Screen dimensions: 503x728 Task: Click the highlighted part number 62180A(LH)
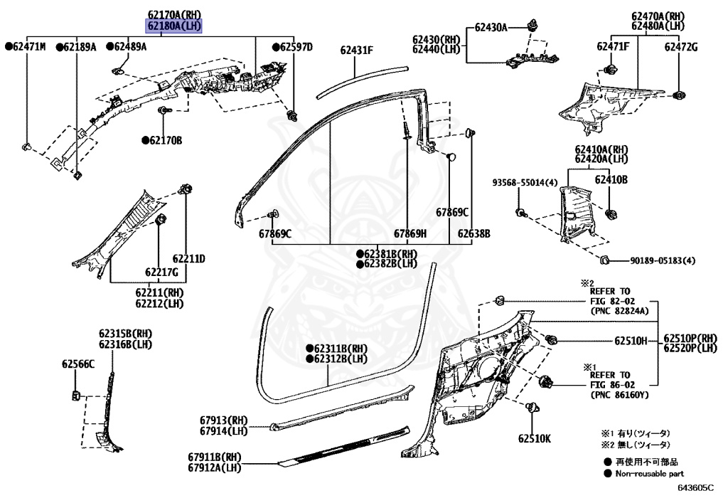pyautogui.click(x=174, y=26)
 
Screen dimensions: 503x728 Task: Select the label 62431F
pyautogui.click(x=356, y=49)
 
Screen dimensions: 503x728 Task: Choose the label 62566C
pyautogui.click(x=78, y=364)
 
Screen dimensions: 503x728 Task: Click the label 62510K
pyautogui.click(x=534, y=438)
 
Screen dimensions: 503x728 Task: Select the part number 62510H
pyautogui.click(x=631, y=341)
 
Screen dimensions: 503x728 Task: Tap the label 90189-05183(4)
pyautogui.click(x=662, y=261)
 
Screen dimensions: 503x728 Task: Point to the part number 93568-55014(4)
pyautogui.click(x=525, y=183)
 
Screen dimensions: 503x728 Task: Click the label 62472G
pyautogui.click(x=681, y=47)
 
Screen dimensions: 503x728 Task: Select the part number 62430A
pyautogui.click(x=491, y=27)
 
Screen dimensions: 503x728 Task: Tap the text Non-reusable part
pyautogui.click(x=649, y=473)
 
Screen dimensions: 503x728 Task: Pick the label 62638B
pyautogui.click(x=473, y=233)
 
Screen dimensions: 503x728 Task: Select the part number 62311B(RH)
pyautogui.click(x=336, y=349)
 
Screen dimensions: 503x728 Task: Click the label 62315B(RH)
pyautogui.click(x=125, y=333)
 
